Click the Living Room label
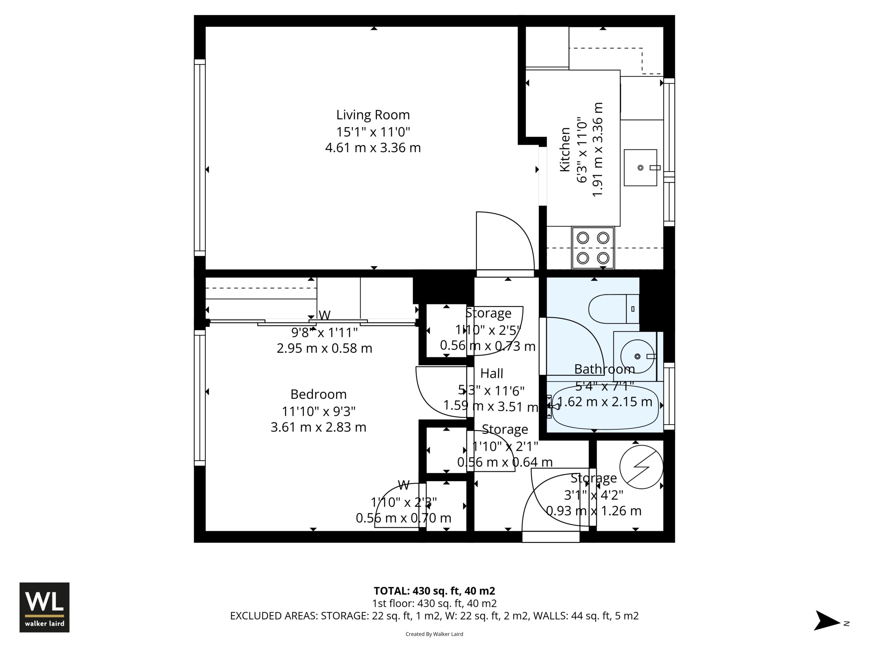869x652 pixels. coord(373,115)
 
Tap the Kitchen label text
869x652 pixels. coord(565,149)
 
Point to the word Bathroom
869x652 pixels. coord(604,369)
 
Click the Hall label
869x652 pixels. coord(492,373)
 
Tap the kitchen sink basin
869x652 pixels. coord(640,167)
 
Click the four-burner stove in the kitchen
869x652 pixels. coord(593,248)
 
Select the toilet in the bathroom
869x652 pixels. coord(614,309)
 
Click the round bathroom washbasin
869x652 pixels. coord(637,357)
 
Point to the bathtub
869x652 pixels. coord(605,407)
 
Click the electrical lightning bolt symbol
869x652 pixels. coord(641,467)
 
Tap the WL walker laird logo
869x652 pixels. coord(44,607)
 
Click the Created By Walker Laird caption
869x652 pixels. coord(434,634)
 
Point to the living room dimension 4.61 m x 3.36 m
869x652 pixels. coord(373,148)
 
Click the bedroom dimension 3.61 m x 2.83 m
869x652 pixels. coord(318,427)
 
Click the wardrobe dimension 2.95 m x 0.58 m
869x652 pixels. coord(324,348)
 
